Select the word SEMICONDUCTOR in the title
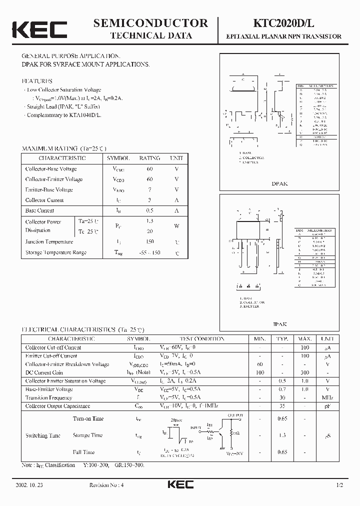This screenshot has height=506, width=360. coord(150,23)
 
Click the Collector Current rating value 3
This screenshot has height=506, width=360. coord(149,200)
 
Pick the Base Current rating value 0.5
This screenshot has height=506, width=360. coord(149,211)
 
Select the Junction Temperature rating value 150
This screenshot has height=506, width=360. coord(149,242)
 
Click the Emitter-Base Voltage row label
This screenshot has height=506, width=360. coord(49,190)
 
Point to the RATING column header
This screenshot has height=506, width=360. coord(149,158)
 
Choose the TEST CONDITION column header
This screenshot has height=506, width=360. coord(202,338)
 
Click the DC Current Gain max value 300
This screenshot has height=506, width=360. coord(305,373)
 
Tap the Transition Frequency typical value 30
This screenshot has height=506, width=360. coord(282,397)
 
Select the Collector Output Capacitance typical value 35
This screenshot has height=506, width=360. coord(282,406)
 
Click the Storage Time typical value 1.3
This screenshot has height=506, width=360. coord(282,435)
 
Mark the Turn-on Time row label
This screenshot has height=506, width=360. coord(88,419)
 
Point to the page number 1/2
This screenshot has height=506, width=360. coord(340,485)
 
